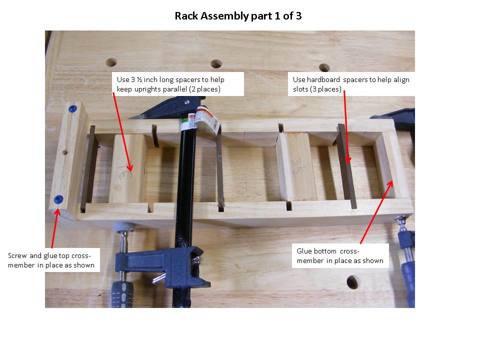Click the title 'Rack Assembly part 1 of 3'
(x=238, y=16)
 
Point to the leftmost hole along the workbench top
(x=111, y=62)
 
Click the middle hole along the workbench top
(x=216, y=64)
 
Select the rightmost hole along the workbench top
(x=324, y=67)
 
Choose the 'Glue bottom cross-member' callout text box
(x=340, y=255)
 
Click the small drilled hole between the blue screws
(x=64, y=151)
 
